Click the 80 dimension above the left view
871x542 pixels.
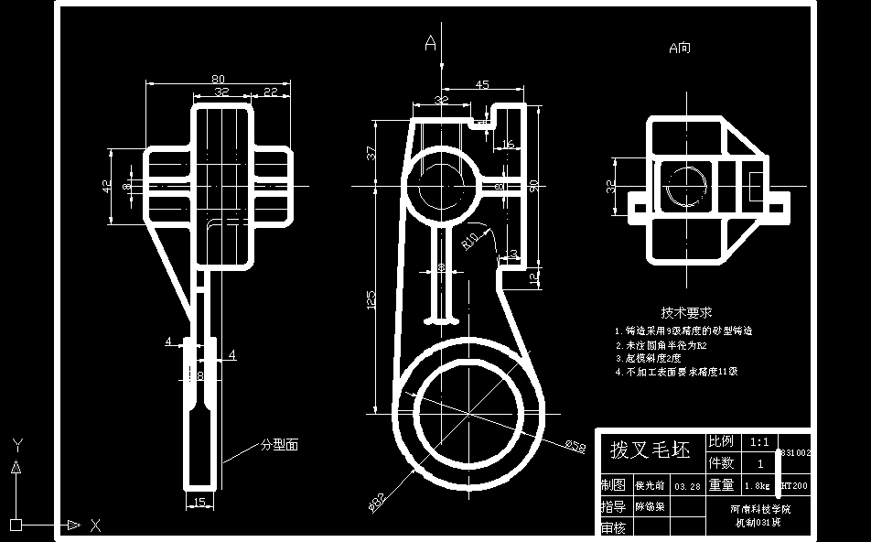pos(219,78)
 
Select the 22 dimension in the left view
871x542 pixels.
pos(271,92)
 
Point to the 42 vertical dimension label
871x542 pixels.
pos(107,186)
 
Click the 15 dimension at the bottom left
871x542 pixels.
pos(198,502)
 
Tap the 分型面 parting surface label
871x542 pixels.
pos(280,445)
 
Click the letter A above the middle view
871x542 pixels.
pos(431,41)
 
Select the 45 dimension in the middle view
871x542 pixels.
pos(483,85)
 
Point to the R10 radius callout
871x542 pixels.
pos(469,241)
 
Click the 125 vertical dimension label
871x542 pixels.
pos(371,299)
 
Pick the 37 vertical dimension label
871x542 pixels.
pos(371,153)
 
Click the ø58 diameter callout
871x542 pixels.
pos(575,446)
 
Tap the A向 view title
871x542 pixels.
pos(680,48)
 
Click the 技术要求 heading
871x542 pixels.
pos(687,312)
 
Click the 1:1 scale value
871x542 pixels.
pos(759,441)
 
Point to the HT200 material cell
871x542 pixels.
pos(794,485)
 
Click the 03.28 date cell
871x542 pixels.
pos(686,486)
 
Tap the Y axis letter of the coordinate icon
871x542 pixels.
pos(16,444)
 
